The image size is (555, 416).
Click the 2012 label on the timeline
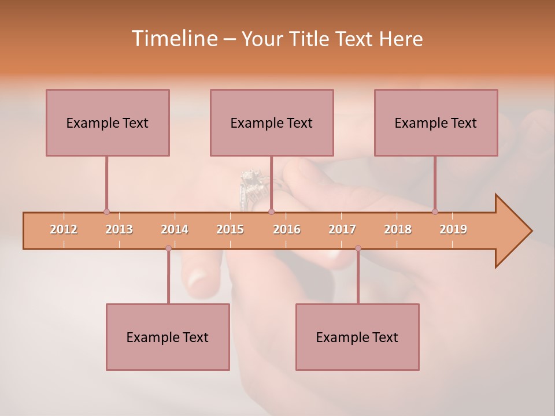click(64, 229)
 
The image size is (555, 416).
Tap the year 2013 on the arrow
click(119, 229)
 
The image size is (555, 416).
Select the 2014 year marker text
click(175, 229)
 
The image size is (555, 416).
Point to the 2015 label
click(230, 229)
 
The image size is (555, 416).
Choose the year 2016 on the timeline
click(286, 229)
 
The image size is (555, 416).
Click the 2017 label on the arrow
click(342, 229)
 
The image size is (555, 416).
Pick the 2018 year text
click(398, 229)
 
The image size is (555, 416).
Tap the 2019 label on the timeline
click(453, 229)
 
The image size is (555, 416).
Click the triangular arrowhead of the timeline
click(512, 231)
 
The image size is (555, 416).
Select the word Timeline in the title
click(173, 39)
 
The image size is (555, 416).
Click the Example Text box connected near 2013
click(108, 122)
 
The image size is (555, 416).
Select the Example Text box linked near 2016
click(272, 122)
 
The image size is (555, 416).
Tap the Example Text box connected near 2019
click(436, 122)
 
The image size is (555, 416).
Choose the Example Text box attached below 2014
click(168, 337)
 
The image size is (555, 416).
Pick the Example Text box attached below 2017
click(357, 337)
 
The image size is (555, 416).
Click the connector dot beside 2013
click(106, 211)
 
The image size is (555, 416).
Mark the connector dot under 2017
click(358, 248)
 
